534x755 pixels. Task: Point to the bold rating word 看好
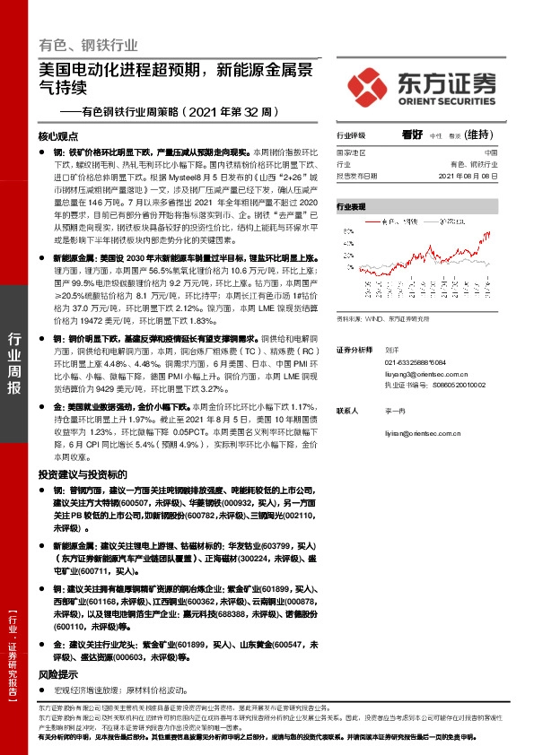(413, 135)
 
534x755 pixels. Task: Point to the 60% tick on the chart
(345, 230)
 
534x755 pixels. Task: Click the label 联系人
(347, 410)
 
